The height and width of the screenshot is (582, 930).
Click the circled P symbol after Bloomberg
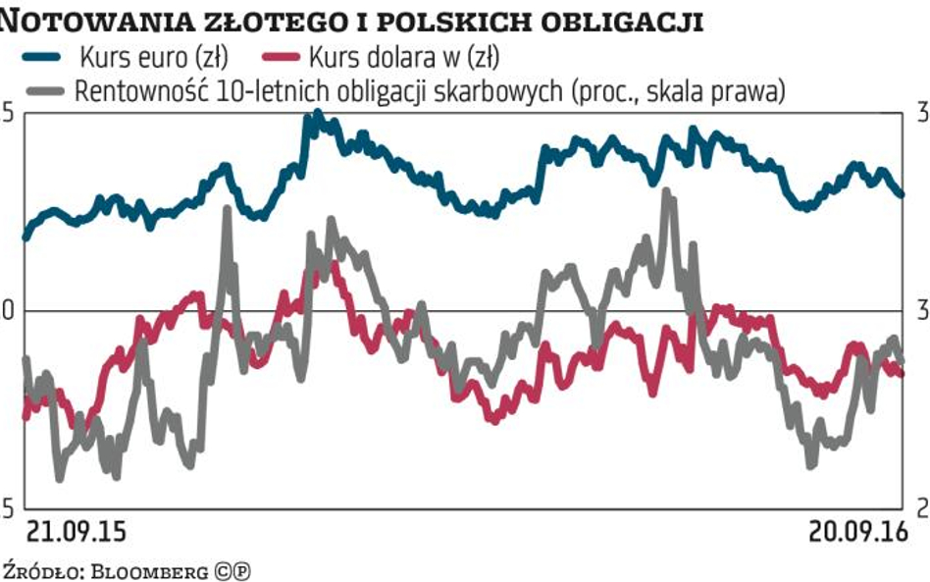click(240, 569)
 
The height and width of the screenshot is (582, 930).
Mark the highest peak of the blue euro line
click(316, 116)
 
